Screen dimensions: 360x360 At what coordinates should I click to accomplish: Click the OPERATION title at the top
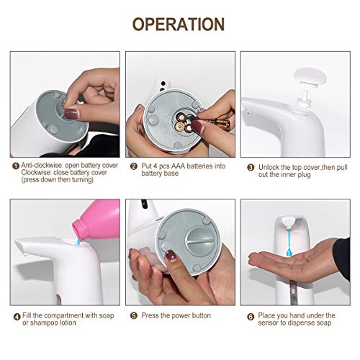point(179,24)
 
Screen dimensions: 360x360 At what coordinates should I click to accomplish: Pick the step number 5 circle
point(134,315)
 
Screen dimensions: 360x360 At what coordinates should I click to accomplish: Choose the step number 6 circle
point(250,315)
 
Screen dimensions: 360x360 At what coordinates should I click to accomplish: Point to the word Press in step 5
point(150,315)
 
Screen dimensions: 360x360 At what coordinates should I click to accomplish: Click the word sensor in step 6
point(271,323)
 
